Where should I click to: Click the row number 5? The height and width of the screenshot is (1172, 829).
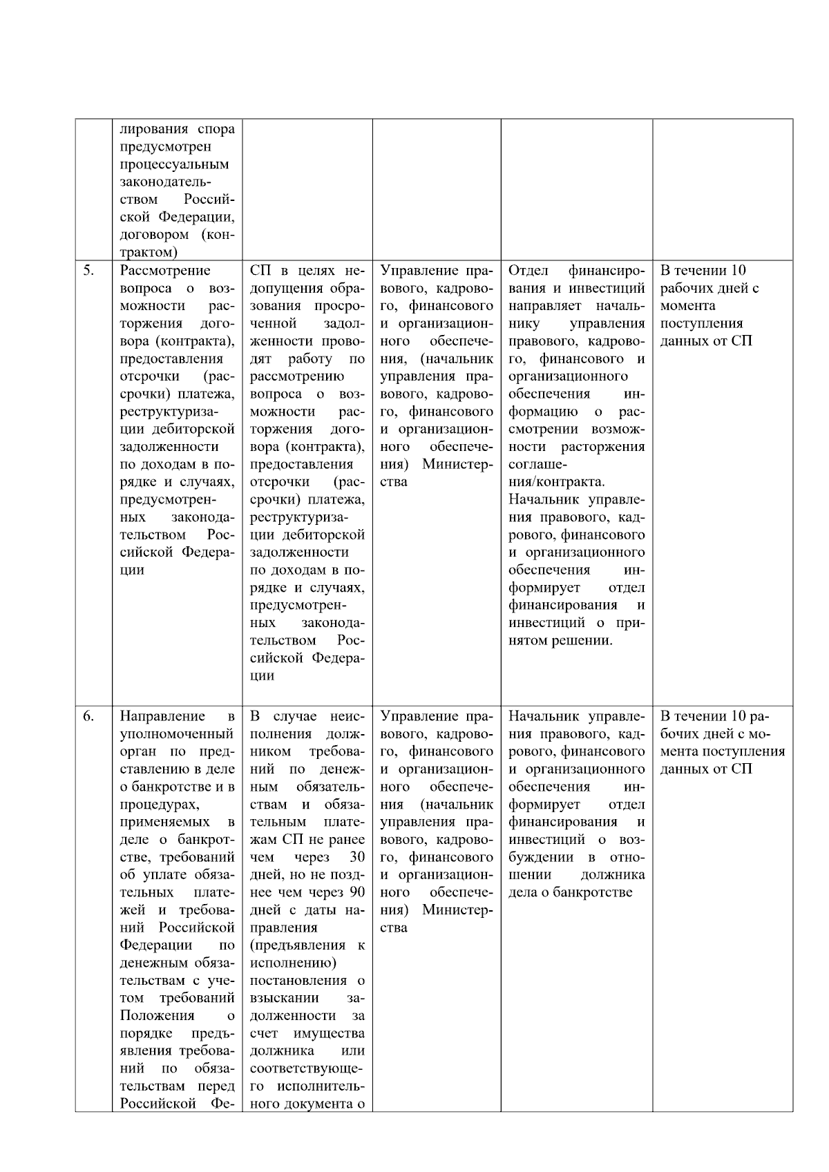(89, 270)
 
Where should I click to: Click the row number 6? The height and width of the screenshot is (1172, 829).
(89, 716)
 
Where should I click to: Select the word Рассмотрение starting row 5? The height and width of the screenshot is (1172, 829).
(165, 270)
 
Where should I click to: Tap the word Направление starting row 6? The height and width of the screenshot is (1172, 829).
(162, 716)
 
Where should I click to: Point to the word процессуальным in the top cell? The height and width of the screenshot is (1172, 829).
(174, 164)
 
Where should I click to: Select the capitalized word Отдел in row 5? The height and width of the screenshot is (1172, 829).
(528, 270)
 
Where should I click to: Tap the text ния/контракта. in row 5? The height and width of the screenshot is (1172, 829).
(556, 482)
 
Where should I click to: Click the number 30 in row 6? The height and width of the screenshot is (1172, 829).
(356, 857)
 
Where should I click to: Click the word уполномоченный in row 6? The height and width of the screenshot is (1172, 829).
(177, 734)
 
